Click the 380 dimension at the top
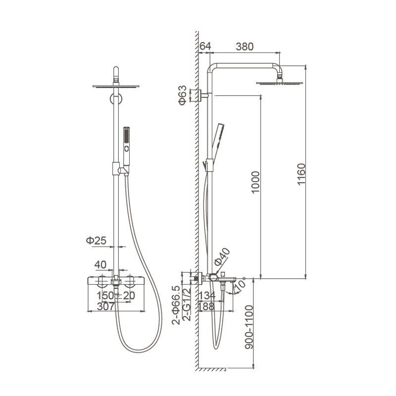245,47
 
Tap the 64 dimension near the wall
205,46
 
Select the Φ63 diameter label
182,95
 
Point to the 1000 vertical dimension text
255,182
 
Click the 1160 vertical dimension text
301,175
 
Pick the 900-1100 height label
249,327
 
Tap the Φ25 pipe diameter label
96,241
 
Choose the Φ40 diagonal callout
222,257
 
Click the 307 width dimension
105,306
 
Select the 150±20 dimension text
116,296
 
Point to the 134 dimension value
207,296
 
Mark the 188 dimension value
206,306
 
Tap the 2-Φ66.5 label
176,305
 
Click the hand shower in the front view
126,150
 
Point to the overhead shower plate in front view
116,86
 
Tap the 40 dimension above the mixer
100,265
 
